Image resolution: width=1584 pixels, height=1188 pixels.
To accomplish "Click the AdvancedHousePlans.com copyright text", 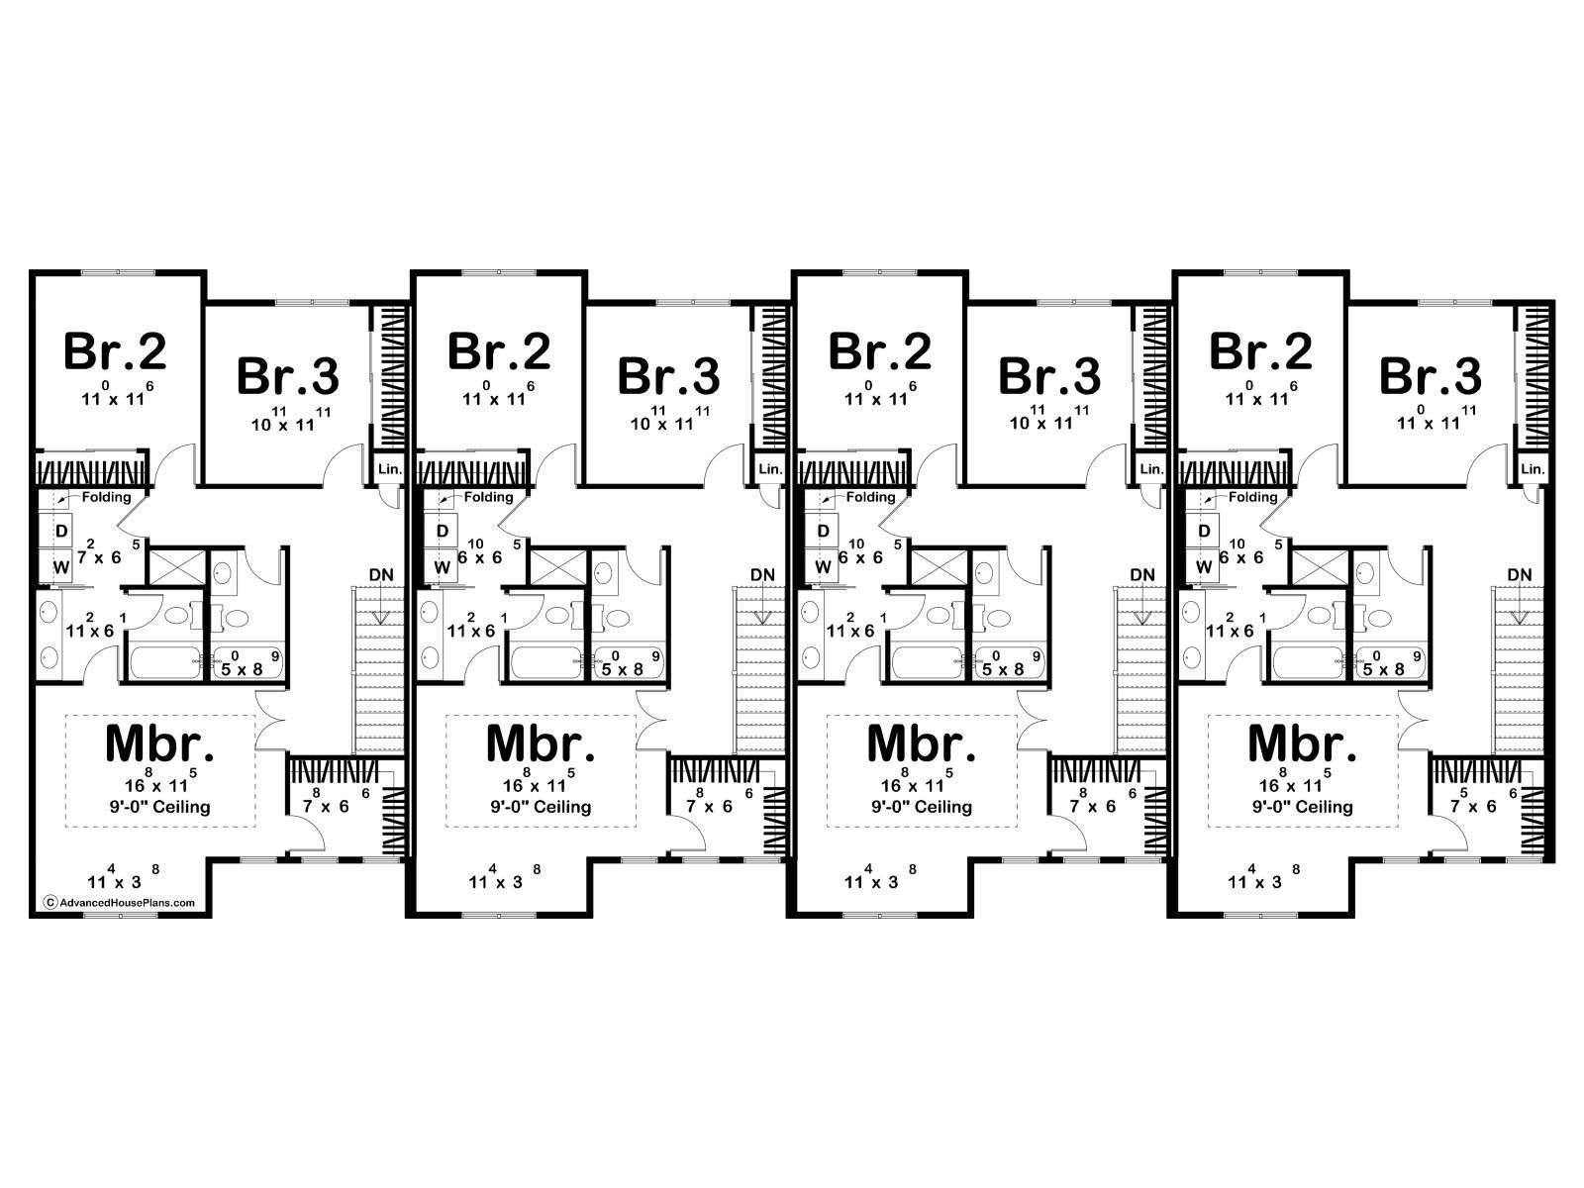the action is tap(120, 902).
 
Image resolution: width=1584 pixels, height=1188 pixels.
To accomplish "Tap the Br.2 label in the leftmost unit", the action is tap(116, 351).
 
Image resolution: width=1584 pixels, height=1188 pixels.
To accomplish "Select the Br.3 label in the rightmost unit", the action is tap(1431, 376).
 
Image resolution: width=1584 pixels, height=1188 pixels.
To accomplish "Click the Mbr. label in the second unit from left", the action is tap(542, 742).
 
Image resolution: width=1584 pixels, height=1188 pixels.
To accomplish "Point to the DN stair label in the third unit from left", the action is tap(1142, 575).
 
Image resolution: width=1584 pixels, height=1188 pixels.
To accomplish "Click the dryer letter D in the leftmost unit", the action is tap(62, 531).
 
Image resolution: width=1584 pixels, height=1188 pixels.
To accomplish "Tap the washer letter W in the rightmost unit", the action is tap(1204, 567).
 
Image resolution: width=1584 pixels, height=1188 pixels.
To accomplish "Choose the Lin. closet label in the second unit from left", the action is tap(770, 469).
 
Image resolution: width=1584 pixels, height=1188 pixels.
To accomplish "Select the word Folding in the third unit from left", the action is tap(870, 496).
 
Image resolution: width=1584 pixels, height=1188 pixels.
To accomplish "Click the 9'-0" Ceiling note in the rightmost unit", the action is tap(1303, 807).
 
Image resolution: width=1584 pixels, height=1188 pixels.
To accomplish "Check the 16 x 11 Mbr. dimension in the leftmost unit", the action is tap(158, 782).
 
